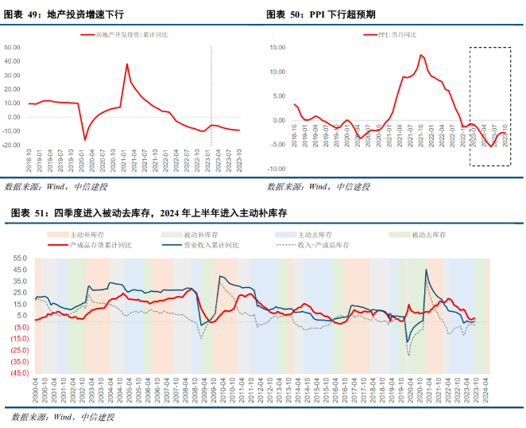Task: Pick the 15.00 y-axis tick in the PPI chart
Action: pyautogui.click(x=277, y=47)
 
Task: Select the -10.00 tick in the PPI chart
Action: pyautogui.click(x=276, y=169)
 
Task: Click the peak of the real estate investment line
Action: pyautogui.click(x=127, y=64)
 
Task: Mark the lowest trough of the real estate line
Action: pyautogui.click(x=85, y=140)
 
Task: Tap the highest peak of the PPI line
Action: pyautogui.click(x=421, y=55)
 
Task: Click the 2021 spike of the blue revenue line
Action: pyautogui.click(x=427, y=270)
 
